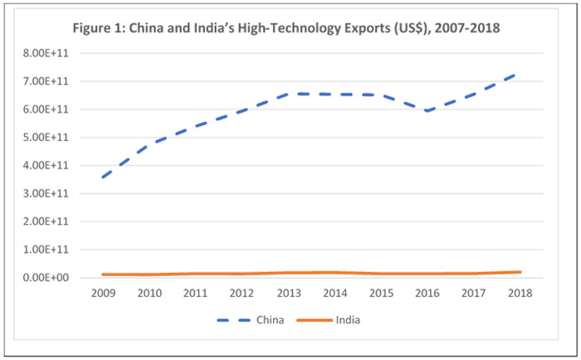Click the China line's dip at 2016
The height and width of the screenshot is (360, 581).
428,110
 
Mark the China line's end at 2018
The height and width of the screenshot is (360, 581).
519,73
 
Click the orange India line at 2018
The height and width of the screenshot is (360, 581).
519,271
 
